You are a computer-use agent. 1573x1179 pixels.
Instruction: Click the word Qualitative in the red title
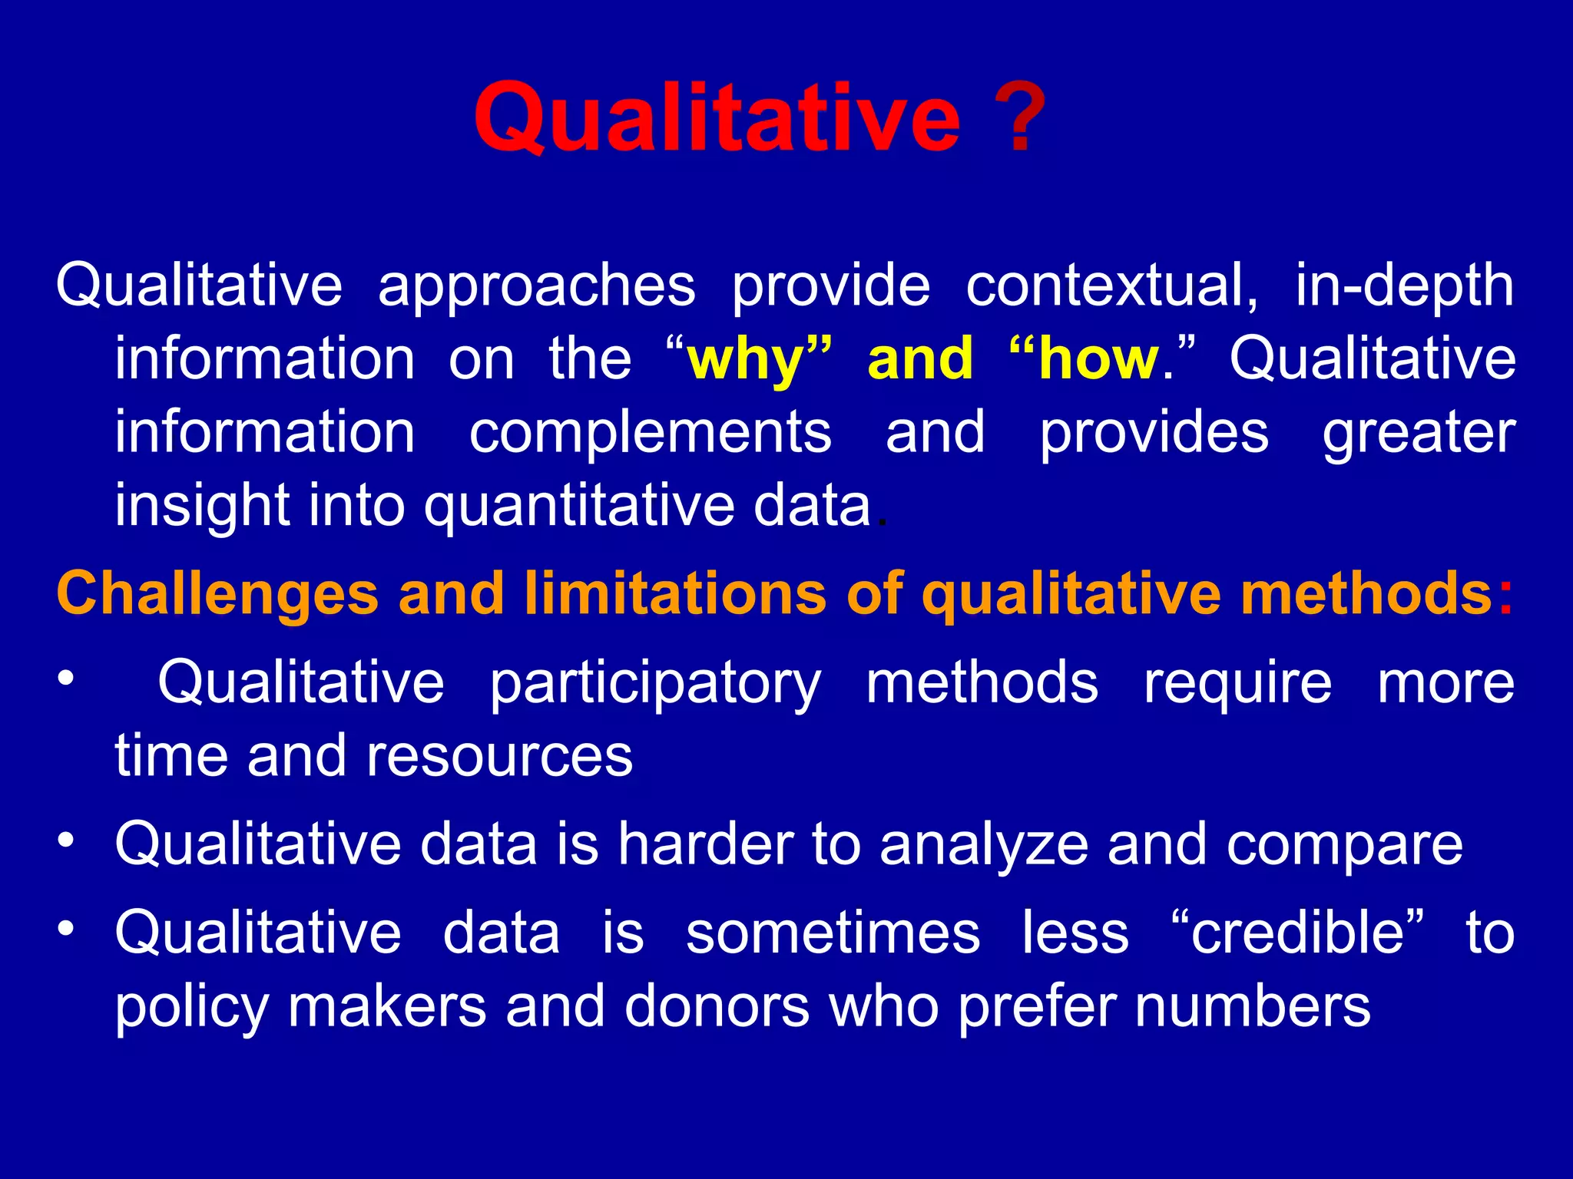(x=716, y=117)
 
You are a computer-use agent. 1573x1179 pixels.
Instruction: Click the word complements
(x=650, y=432)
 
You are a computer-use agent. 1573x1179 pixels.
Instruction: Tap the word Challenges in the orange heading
(x=217, y=594)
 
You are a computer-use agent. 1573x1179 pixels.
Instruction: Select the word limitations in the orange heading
(x=676, y=594)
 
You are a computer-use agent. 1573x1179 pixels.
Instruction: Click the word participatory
(x=655, y=683)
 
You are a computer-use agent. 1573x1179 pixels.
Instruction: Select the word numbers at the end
(x=1253, y=1006)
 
